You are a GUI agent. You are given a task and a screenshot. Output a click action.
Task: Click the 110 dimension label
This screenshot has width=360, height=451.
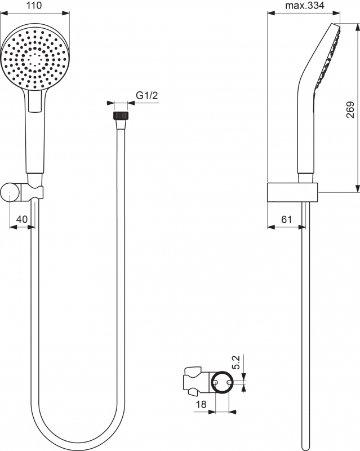pos(34,5)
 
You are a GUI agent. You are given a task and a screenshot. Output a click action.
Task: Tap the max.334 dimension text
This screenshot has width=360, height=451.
pos(304,5)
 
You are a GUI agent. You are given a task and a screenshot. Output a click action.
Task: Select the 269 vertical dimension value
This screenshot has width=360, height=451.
pos(350,109)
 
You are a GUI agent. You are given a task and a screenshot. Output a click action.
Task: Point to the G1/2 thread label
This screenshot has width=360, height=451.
pos(147,95)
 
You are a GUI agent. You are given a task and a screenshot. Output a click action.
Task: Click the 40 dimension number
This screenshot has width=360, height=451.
pos(22,219)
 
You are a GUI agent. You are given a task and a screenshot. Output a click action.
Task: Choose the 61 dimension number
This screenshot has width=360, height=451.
pos(286,219)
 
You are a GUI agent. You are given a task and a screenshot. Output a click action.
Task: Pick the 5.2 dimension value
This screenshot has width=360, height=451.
pos(235,362)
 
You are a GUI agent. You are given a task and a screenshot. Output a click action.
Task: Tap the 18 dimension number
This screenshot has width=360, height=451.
pos(201,404)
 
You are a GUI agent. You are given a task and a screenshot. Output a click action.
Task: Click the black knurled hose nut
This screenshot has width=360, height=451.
pos(121,116)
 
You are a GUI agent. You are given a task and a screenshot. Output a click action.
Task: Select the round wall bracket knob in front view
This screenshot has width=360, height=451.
pos(10,193)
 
